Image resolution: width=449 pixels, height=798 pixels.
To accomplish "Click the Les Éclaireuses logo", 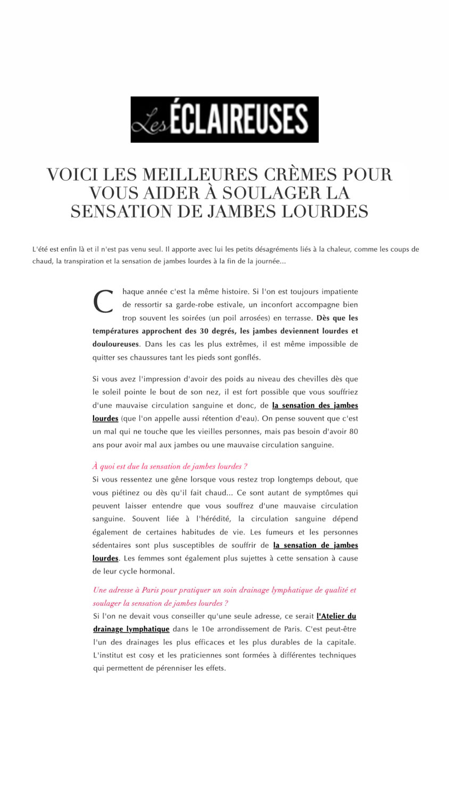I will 224,119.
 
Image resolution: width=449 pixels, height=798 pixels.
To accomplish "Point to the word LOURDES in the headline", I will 325,211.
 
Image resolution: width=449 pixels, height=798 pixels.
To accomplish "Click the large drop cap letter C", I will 103,303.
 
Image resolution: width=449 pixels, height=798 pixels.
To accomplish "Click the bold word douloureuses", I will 115,344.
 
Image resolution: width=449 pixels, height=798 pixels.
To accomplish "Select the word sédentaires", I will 112,545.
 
